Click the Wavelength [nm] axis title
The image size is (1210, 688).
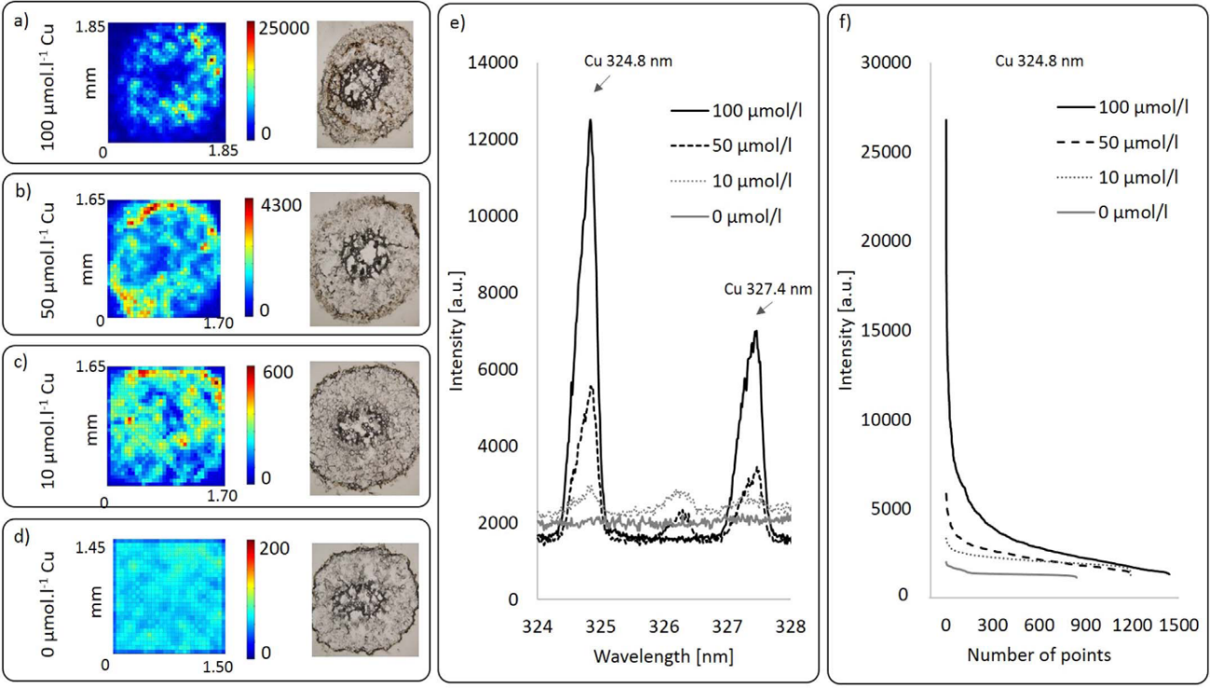pyautogui.click(x=663, y=655)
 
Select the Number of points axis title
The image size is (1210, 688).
pyautogui.click(x=1038, y=655)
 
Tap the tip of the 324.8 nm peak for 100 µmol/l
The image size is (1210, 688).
pyautogui.click(x=590, y=120)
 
